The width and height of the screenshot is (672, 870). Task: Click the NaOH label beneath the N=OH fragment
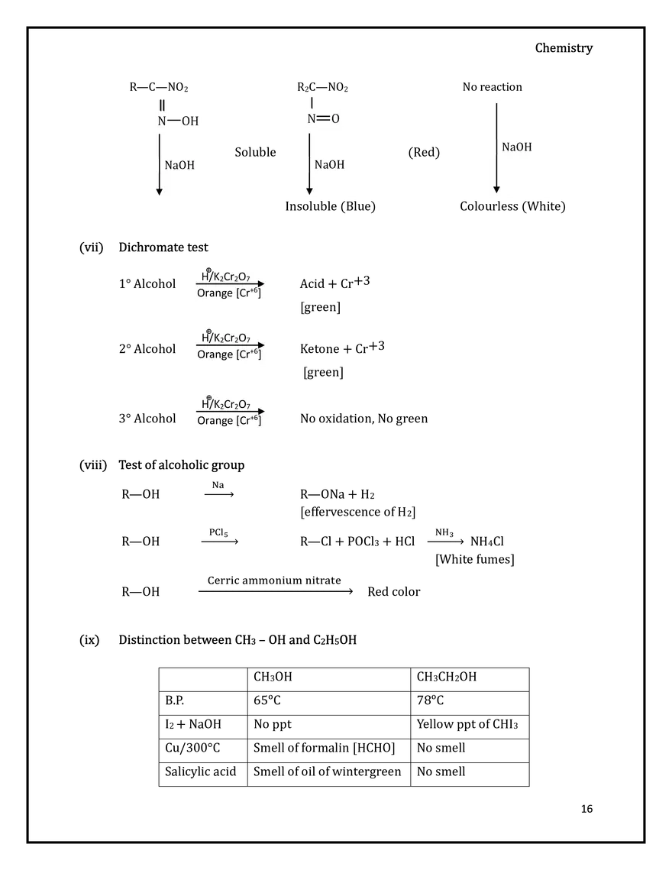point(179,165)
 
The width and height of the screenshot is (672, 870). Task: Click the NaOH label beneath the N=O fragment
point(329,164)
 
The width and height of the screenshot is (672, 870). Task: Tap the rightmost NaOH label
point(516,147)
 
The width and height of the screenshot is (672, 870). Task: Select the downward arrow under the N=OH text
point(159,163)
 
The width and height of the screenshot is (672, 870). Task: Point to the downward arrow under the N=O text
point(309,163)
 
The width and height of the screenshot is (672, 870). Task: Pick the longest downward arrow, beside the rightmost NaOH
point(496,147)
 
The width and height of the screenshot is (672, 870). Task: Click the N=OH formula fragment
point(179,121)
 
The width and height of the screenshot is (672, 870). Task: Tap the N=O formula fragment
point(323,118)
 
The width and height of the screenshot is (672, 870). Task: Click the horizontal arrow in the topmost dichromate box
point(230,283)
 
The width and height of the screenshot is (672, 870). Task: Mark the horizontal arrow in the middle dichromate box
point(230,344)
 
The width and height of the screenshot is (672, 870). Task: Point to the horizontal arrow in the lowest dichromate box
point(230,411)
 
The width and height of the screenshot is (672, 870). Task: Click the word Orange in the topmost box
point(215,293)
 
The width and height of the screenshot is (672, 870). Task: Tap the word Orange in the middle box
point(215,354)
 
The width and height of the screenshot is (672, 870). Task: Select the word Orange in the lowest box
point(215,421)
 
